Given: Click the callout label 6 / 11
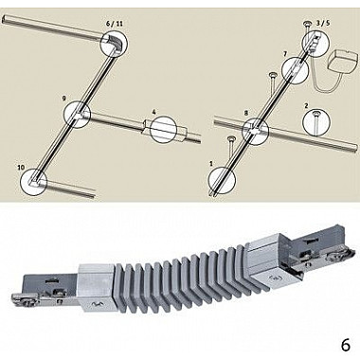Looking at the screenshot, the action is [x=116, y=24].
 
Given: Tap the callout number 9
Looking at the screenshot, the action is [x=64, y=99].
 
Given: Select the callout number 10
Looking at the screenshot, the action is [x=21, y=168].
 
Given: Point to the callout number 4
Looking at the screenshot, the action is [x=153, y=112].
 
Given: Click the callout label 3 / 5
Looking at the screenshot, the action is [x=323, y=23].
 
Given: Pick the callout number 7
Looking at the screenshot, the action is [x=285, y=54].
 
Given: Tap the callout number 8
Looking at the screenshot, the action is [x=246, y=113].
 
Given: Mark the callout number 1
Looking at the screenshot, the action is [x=211, y=163].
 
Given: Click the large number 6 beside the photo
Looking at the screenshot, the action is [x=346, y=346].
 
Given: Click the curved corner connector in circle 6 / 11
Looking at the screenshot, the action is [x=111, y=44].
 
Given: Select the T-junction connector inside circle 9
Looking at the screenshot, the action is [x=79, y=115].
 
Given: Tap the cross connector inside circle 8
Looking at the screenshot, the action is [x=255, y=130].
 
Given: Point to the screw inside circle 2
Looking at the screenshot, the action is [x=315, y=122].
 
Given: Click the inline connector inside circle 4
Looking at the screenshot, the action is [x=164, y=130].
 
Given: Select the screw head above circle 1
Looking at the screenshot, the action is [x=231, y=139].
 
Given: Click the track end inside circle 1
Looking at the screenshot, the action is [x=218, y=188].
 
